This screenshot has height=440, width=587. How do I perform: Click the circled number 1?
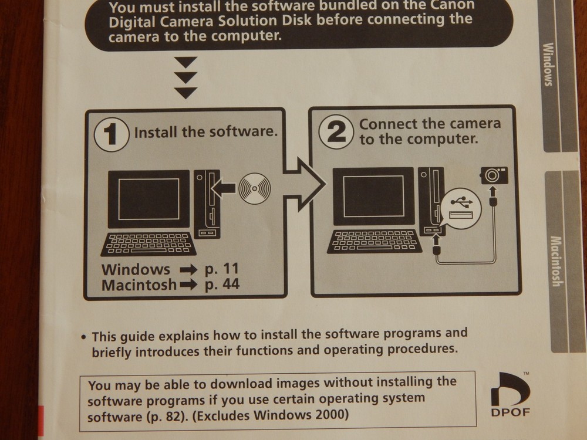point(112,134)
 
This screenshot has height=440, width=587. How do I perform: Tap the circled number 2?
point(336,132)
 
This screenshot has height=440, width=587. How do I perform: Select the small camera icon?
point(494,175)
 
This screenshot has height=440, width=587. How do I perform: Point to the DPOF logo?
point(510,394)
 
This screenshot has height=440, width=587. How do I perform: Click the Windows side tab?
point(549,65)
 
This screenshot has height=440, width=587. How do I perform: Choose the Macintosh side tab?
point(555,261)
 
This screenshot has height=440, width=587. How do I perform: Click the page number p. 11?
point(222,270)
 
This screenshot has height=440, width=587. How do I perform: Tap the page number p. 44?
point(222,285)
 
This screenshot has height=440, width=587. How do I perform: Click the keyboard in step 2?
point(373,241)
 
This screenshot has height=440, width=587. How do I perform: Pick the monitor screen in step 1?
point(149,198)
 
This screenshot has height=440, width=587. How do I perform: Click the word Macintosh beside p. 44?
point(139,285)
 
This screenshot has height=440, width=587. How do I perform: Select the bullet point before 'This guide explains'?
point(84,337)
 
